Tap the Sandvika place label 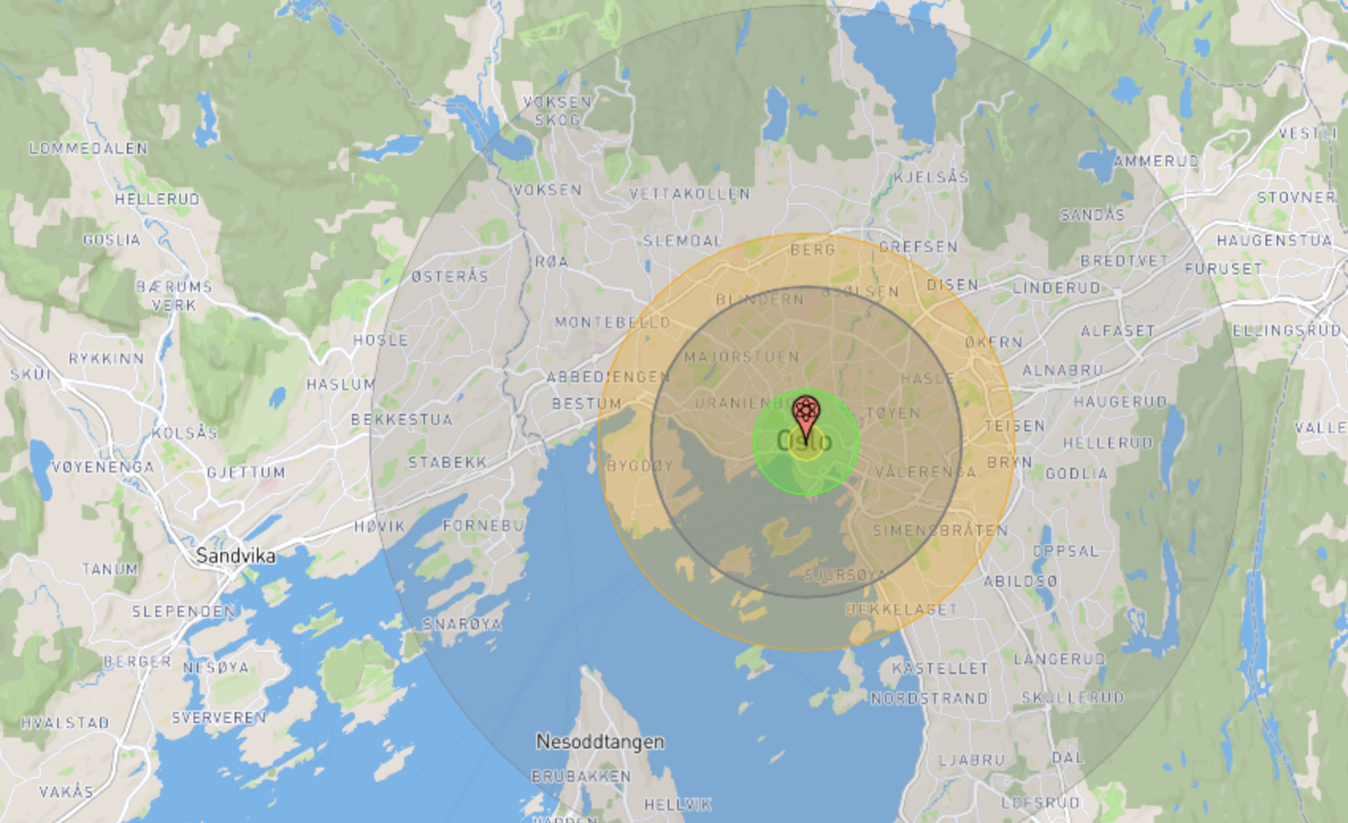(236, 555)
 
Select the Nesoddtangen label (600, 742)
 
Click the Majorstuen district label (741, 357)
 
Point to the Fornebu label (483, 526)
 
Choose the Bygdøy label (639, 465)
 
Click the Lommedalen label (88, 148)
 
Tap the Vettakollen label (690, 193)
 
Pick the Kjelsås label (931, 177)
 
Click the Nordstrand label (929, 699)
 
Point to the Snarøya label (461, 624)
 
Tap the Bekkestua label (401, 419)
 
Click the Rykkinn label (106, 358)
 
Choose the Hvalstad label (65, 722)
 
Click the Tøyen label (893, 413)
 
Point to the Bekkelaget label (902, 609)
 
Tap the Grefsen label (918, 247)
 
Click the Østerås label (450, 276)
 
